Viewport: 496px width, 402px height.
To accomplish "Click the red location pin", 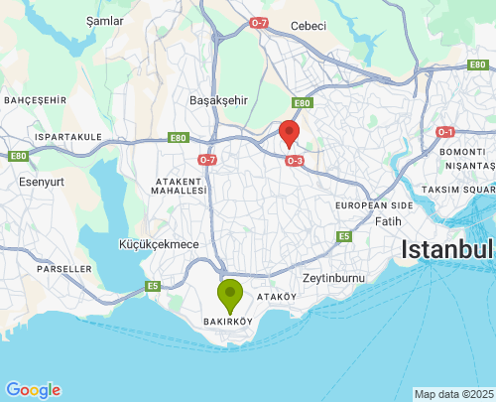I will (289, 133).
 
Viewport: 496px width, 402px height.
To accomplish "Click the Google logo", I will (33, 390).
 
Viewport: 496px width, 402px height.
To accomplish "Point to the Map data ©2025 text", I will (453, 394).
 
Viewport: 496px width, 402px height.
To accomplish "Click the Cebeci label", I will (309, 26).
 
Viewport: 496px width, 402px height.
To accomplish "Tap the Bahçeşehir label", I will (35, 100).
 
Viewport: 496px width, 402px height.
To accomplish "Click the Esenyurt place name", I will (40, 182).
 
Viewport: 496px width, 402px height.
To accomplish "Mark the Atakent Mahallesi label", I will (180, 186).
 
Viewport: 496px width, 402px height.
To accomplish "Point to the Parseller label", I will (63, 269).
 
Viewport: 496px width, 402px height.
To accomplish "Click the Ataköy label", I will (277, 297).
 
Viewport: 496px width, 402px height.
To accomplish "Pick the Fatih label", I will (388, 221).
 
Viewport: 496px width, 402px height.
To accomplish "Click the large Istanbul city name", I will (447, 249).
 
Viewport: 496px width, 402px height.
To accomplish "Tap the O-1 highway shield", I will (445, 132).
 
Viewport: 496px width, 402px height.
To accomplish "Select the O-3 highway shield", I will (294, 161).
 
